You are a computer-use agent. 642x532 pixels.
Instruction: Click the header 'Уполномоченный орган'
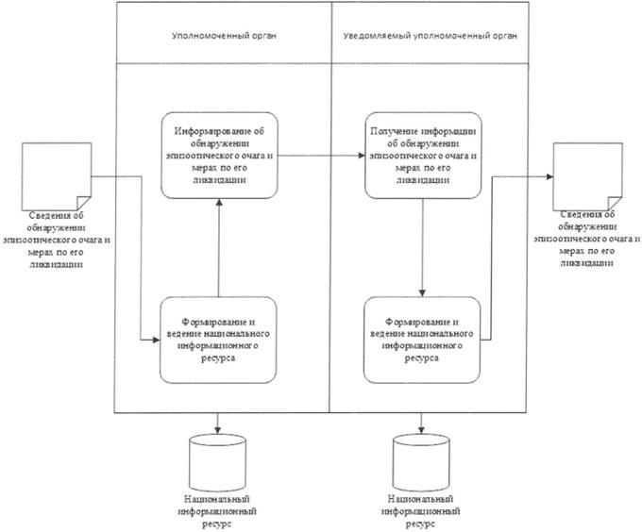click(x=224, y=36)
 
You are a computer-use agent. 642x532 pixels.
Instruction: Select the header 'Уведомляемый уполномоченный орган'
click(x=430, y=36)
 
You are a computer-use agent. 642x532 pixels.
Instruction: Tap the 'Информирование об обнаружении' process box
click(x=219, y=156)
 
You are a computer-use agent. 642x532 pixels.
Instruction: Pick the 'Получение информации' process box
click(x=423, y=156)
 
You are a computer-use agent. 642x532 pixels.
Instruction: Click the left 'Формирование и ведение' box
click(x=218, y=340)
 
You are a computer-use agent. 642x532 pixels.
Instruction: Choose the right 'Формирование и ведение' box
click(x=422, y=340)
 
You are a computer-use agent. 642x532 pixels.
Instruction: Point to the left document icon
click(x=57, y=176)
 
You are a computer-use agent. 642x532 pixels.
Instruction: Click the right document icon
click(x=588, y=176)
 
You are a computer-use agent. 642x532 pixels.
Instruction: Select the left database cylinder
click(x=217, y=462)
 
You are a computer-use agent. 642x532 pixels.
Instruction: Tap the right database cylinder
click(x=421, y=462)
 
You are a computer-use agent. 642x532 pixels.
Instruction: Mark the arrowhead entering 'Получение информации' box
click(x=362, y=156)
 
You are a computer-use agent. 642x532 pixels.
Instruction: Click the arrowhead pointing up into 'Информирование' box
click(x=219, y=203)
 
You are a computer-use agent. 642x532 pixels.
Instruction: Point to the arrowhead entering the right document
click(x=549, y=176)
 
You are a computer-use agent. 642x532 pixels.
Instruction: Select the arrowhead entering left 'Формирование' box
click(x=156, y=340)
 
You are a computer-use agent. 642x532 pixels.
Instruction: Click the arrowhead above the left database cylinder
click(x=217, y=430)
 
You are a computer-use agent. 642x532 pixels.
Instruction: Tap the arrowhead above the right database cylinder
click(x=421, y=430)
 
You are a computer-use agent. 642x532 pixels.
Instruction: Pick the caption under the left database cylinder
click(x=217, y=511)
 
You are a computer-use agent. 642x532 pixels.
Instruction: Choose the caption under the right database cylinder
click(x=421, y=511)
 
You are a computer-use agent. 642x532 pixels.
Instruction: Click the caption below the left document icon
click(x=57, y=240)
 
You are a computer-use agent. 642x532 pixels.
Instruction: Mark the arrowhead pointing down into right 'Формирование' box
click(x=422, y=293)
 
